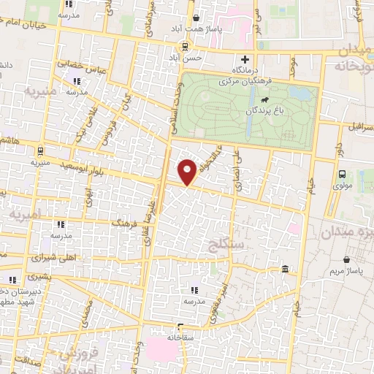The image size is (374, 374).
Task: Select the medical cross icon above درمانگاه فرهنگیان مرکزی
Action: (245, 59)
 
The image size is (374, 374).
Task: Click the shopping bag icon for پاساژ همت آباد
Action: (196, 18)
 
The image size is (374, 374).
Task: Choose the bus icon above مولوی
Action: (342, 174)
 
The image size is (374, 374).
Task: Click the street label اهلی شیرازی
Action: (46, 258)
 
